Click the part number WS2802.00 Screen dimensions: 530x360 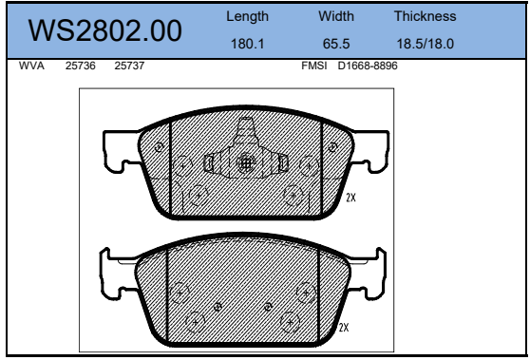[104, 30]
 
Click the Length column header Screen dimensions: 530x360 [247, 16]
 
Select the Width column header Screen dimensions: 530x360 [336, 16]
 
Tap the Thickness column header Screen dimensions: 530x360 [425, 16]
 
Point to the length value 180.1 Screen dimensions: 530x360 [247, 44]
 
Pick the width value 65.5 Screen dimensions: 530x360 [336, 44]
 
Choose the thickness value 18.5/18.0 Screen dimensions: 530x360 [425, 44]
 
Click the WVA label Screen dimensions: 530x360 [31, 66]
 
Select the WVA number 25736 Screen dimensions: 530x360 [81, 66]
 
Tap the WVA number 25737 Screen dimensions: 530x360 [129, 66]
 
